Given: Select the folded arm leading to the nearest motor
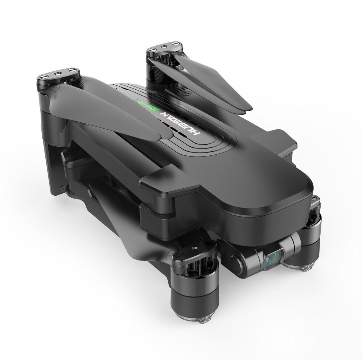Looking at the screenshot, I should (x=120, y=216).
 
